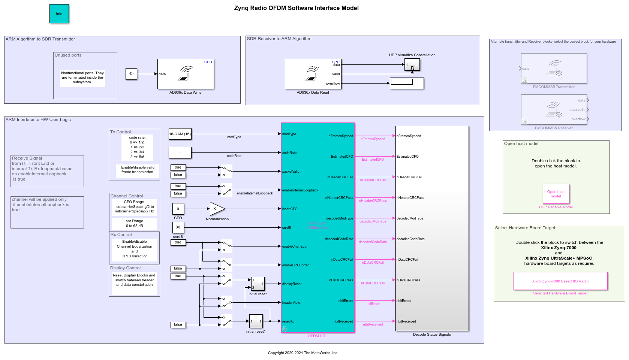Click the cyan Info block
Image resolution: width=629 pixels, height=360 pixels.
coord(59,14)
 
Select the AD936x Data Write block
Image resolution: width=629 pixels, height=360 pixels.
coord(186,74)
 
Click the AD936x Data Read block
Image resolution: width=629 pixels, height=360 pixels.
coord(313,74)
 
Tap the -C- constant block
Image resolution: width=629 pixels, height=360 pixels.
coord(131,74)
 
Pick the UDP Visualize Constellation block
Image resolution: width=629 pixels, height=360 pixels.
coord(412,64)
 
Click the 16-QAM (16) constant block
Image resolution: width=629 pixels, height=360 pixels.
coord(180,134)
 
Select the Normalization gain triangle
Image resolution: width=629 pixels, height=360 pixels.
coord(217,209)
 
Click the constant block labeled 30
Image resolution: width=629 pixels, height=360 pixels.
coord(178,227)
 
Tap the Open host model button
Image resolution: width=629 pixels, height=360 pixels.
coord(556,194)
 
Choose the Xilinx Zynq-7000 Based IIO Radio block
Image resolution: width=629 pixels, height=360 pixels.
coord(560,281)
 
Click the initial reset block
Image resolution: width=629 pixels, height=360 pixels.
coord(258,284)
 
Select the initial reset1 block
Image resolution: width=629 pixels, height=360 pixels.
coord(256,321)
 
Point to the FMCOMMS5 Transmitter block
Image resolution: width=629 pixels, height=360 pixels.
coord(554,68)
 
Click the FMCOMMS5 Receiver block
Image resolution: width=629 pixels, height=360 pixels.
coord(554,109)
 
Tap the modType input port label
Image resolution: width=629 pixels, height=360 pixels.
coord(289,134)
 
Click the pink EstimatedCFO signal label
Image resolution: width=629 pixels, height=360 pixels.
coord(373,160)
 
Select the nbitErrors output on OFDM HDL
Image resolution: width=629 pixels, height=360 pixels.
coord(346,301)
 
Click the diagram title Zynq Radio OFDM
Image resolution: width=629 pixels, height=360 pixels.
coord(296,8)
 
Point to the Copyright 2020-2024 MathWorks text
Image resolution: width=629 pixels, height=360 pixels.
coord(303,353)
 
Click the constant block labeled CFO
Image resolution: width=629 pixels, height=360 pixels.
coord(178,209)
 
